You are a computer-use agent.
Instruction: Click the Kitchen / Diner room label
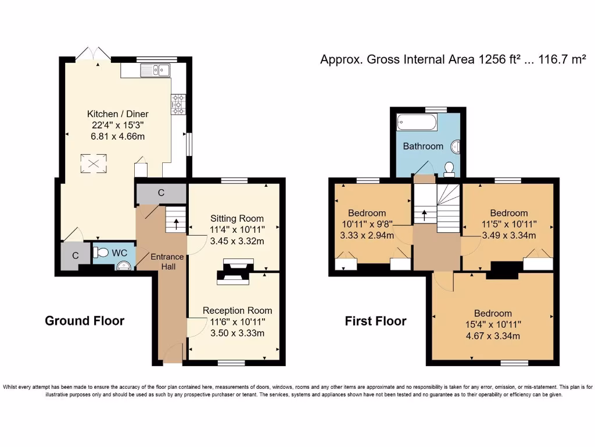click(x=118, y=114)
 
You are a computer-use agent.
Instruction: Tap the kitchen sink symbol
click(x=155, y=70)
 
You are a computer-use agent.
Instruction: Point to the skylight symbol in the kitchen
click(x=93, y=162)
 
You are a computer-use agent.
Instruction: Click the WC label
click(x=120, y=253)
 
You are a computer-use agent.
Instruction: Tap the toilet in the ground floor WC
click(x=101, y=253)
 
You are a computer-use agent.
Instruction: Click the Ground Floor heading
click(x=85, y=321)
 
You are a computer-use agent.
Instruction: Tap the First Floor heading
click(x=376, y=321)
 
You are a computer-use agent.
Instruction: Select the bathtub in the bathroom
click(x=417, y=122)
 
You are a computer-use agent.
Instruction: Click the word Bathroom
click(x=423, y=146)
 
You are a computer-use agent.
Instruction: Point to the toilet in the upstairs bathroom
click(x=449, y=169)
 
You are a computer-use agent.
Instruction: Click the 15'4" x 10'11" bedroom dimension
click(x=493, y=324)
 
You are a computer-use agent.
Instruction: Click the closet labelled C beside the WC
click(x=76, y=255)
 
